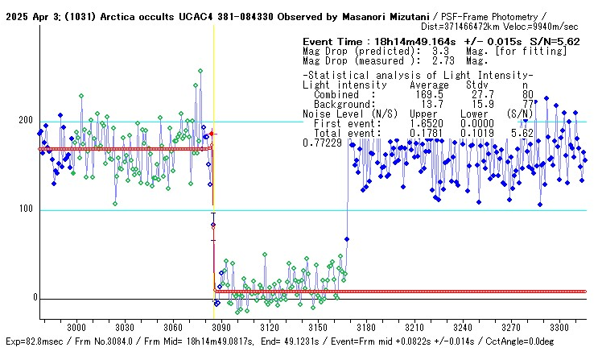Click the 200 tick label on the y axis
[26, 120]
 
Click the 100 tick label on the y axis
[26, 209]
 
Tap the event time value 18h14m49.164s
[419, 41]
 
